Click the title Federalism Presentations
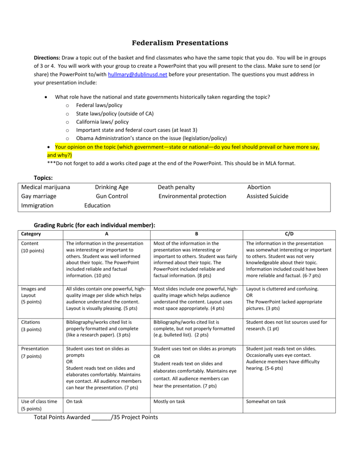click(x=180, y=43)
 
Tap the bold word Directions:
click(x=47, y=58)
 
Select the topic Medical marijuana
click(x=46, y=187)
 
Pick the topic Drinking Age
click(x=112, y=187)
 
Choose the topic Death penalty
click(x=176, y=187)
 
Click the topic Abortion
click(x=259, y=187)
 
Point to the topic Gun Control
click(x=112, y=196)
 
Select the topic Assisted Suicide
click(x=267, y=196)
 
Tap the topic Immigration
click(x=37, y=205)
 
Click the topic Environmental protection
click(x=192, y=196)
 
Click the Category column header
click(x=31, y=234)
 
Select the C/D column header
click(x=289, y=234)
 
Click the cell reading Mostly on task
click(x=169, y=401)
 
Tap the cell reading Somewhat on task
click(x=266, y=401)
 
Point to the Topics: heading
click(x=44, y=177)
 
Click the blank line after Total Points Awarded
click(x=101, y=417)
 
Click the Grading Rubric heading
click(x=95, y=225)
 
